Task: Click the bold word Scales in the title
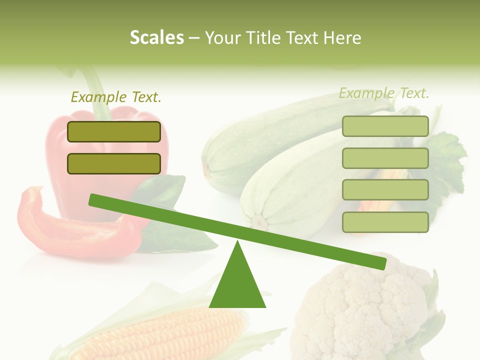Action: click(156, 37)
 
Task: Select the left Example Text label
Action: click(116, 97)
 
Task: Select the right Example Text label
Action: click(384, 93)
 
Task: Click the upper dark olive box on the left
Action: click(114, 131)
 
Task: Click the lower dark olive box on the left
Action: click(114, 163)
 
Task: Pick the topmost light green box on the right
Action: click(385, 126)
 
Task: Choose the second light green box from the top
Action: click(385, 158)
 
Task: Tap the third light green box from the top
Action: click(385, 190)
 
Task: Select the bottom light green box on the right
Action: click(385, 222)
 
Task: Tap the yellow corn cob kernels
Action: click(165, 335)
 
